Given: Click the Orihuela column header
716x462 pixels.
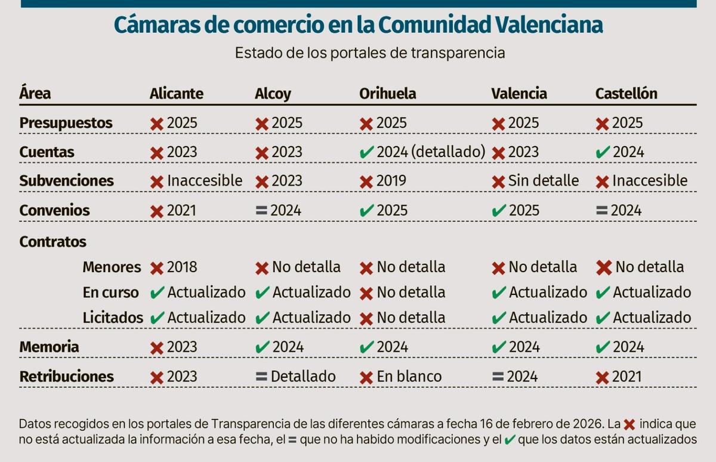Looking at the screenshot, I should pyautogui.click(x=387, y=94).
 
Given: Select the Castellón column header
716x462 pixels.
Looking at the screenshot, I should pyautogui.click(x=626, y=94).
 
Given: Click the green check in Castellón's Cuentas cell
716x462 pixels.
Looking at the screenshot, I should pyautogui.click(x=603, y=153).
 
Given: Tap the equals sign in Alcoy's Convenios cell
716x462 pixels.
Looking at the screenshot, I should pyautogui.click(x=261, y=211).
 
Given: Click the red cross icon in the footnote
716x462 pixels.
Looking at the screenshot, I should pyautogui.click(x=629, y=425).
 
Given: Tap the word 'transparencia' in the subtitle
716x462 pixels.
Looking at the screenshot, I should pyautogui.click(x=458, y=53).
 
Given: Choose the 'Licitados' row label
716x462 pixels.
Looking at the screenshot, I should pyautogui.click(x=112, y=318).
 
